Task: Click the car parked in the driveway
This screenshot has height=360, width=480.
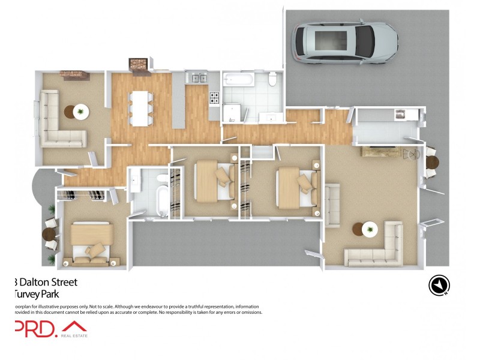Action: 344,42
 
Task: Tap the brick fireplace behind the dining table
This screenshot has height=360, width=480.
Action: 139,66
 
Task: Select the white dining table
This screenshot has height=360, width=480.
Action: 140,108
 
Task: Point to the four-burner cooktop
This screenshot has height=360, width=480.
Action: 214,97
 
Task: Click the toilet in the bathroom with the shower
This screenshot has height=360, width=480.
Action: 272,79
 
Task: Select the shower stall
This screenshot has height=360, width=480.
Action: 232,112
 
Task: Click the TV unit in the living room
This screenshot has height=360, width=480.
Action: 379,152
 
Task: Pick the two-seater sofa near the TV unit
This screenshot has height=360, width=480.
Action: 332,204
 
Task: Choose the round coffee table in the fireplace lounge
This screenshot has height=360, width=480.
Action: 79,111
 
